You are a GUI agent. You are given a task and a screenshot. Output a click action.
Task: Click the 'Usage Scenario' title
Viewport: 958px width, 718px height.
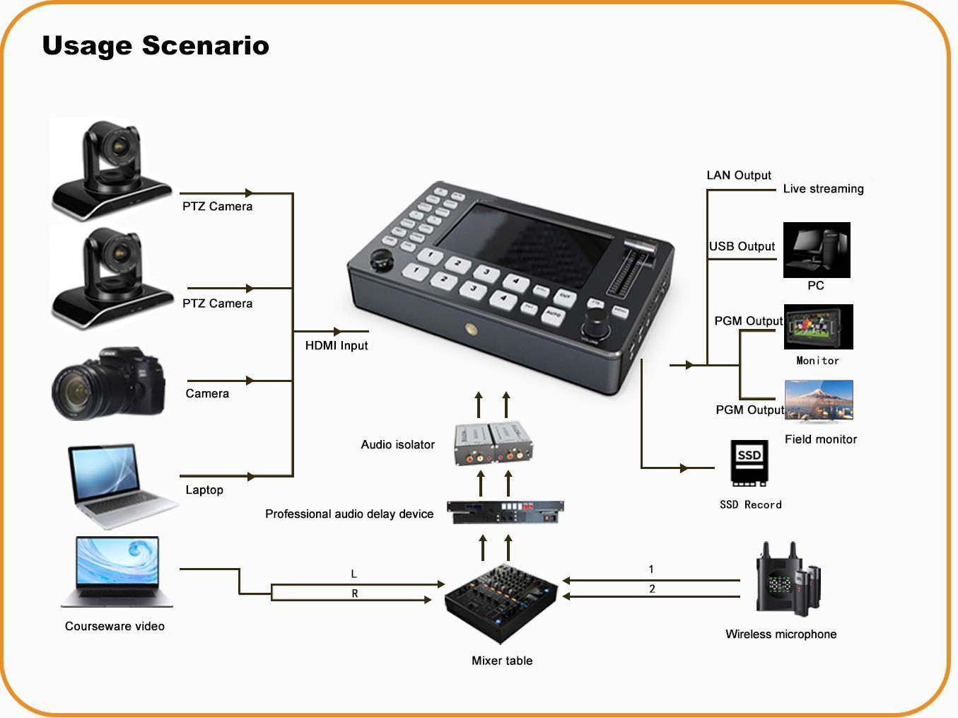156,46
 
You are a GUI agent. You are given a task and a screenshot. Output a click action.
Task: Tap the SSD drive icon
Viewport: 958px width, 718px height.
749,463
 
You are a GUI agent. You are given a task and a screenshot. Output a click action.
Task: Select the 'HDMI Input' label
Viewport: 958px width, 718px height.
337,345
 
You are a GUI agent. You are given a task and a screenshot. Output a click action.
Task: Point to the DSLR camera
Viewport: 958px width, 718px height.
108,383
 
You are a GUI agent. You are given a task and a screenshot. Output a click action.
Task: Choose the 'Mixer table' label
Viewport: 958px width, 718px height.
502,661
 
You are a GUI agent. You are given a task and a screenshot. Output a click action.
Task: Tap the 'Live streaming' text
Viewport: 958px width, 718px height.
823,189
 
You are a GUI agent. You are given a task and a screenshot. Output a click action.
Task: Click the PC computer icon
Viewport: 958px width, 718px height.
817,250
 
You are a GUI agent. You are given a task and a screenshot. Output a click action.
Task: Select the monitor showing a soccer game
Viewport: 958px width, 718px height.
818,327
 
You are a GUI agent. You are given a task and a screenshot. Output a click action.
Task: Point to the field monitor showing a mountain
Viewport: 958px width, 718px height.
819,402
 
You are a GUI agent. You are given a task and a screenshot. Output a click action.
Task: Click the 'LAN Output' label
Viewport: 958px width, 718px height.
739,175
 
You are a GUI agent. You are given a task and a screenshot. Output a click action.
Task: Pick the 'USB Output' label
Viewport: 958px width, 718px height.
742,246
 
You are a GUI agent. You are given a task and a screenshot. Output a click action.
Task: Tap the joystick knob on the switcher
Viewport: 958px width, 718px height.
383,259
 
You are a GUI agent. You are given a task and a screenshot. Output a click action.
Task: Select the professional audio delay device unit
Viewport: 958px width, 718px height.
505,511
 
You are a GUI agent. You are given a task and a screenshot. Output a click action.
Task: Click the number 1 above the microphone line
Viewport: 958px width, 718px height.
651,569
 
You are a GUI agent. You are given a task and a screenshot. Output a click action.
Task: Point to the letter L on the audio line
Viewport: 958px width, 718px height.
354,574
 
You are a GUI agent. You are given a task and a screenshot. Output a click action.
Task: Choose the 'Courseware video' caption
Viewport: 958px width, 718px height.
115,626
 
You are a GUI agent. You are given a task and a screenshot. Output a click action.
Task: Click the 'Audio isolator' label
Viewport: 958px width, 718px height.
397,444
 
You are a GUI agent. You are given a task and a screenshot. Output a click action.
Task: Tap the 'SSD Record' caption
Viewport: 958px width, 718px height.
750,504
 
